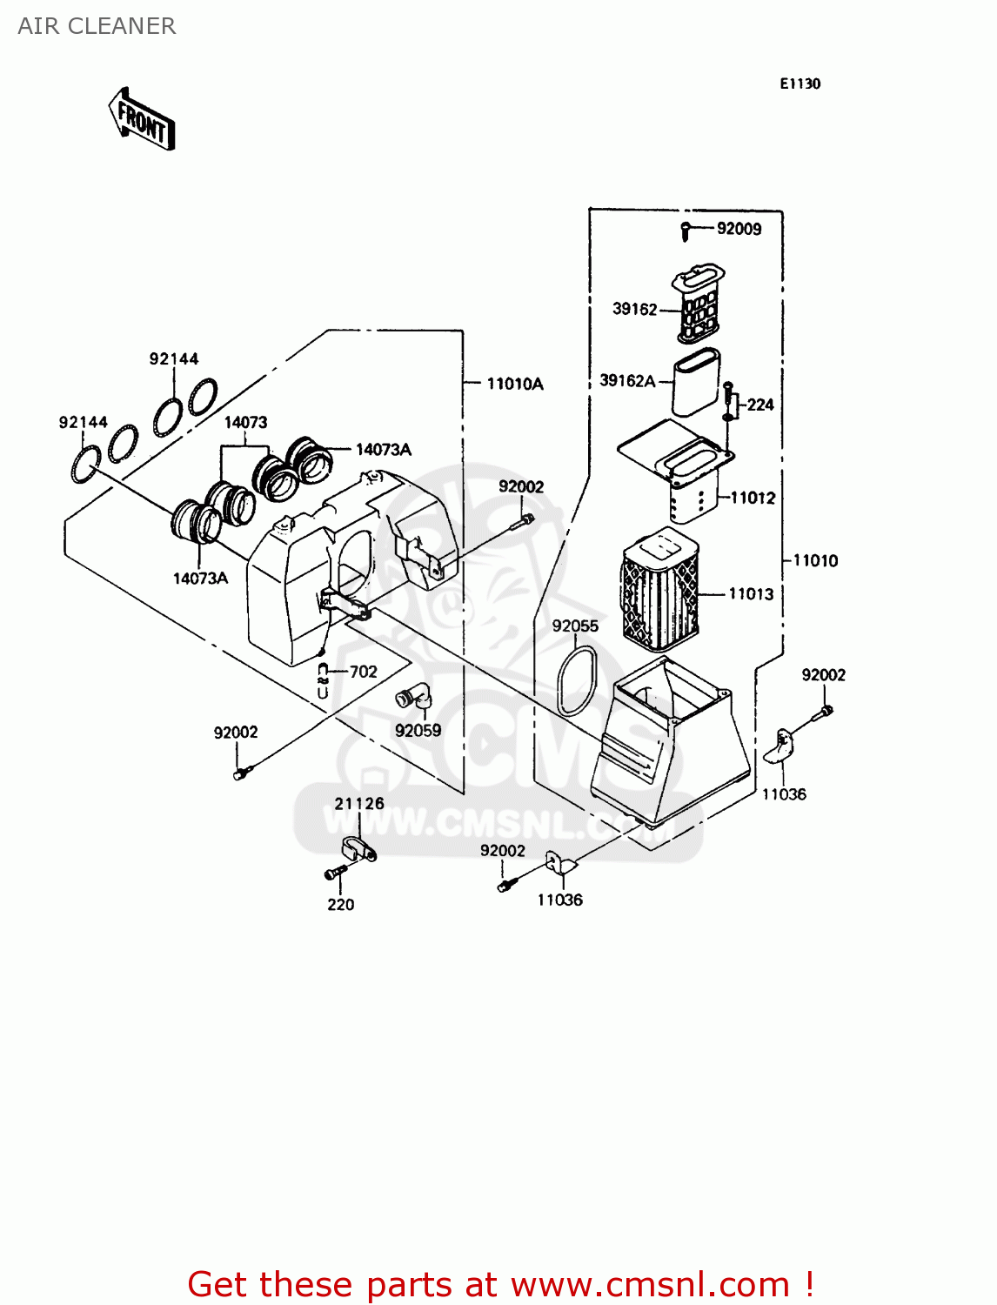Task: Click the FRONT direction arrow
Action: (142, 120)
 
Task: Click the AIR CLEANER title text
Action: (97, 26)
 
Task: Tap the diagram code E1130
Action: (800, 84)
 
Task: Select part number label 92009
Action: (739, 229)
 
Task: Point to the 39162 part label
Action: (634, 309)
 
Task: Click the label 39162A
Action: (626, 380)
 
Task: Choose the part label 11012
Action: (753, 498)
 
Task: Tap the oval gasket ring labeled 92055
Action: (577, 681)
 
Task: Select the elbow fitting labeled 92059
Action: (412, 698)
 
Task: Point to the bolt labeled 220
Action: (334, 873)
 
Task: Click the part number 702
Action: (363, 672)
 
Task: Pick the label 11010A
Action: (515, 384)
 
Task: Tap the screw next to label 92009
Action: (686, 231)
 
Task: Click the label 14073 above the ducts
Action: (245, 422)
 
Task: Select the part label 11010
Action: (815, 560)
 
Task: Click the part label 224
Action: (760, 405)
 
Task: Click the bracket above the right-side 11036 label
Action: (782, 746)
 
